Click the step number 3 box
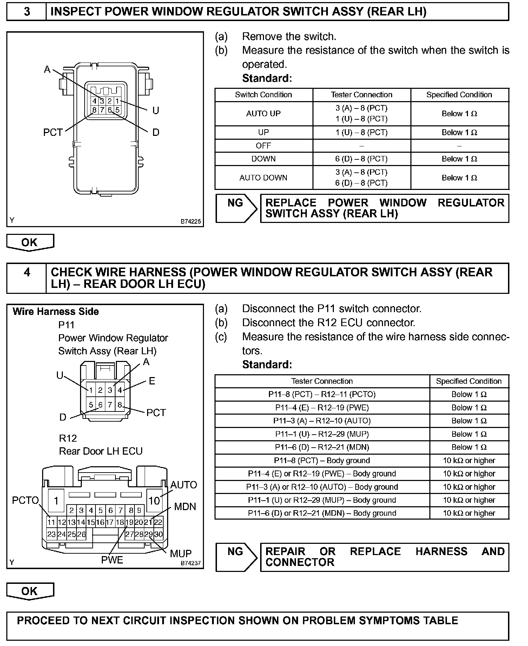(27, 12)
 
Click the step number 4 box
(27, 272)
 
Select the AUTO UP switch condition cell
(264, 114)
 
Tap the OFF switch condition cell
(264, 146)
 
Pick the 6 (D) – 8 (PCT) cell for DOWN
(361, 159)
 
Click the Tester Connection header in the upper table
(361, 95)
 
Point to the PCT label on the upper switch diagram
(53, 132)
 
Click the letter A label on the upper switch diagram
(47, 70)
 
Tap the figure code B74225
(191, 222)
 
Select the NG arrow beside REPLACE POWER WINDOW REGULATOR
(236, 208)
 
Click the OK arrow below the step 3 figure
(30, 242)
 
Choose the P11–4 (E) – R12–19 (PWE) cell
(322, 408)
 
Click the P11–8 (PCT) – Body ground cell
(322, 461)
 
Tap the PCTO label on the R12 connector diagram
(25, 500)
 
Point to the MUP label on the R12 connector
(180, 554)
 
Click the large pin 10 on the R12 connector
(154, 501)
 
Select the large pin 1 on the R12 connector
(56, 501)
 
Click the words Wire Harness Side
(56, 312)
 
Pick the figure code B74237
(191, 563)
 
